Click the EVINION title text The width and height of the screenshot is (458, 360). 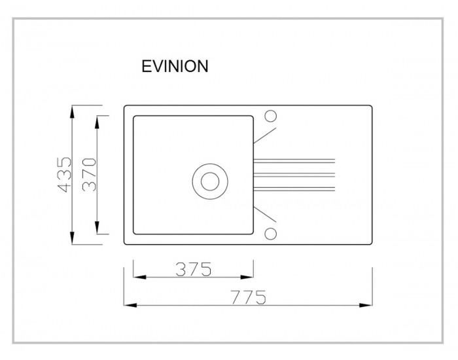point(175,66)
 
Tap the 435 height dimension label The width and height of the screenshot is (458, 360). point(64,175)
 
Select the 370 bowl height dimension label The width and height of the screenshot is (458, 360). point(89,175)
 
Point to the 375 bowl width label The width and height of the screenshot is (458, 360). point(194,270)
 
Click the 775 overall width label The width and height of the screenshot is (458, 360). point(249,297)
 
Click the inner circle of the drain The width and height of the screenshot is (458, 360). point(210,181)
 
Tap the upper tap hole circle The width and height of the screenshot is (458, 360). point(270,116)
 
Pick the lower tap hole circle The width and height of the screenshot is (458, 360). point(270,234)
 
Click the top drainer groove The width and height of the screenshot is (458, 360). point(294,161)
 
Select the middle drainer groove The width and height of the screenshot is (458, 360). point(294,175)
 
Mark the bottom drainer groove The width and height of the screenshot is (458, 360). point(294,189)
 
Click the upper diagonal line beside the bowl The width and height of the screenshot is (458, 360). point(264,135)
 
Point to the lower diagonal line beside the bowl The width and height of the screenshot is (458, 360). point(264,215)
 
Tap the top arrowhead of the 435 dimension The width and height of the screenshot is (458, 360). point(73,112)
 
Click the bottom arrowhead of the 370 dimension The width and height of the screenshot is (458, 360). point(97,227)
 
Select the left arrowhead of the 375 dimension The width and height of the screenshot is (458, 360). point(139,277)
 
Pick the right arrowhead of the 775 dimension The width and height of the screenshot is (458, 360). point(366,305)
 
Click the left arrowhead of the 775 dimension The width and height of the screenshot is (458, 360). point(130,305)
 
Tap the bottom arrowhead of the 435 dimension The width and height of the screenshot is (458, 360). point(73,238)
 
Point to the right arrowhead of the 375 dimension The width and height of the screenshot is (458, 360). point(247,277)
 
